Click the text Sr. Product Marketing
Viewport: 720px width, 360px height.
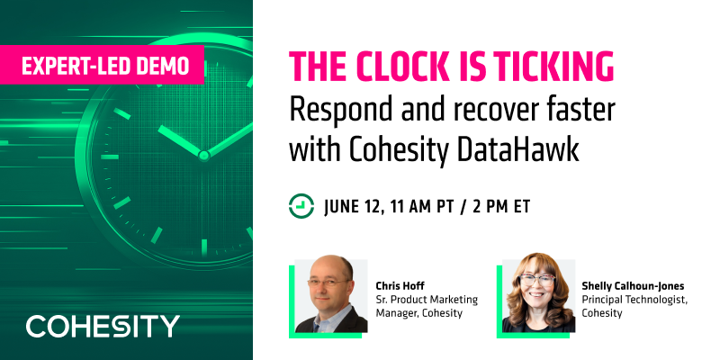427,299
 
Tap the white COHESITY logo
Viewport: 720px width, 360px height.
103,326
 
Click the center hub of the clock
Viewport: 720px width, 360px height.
203,155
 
